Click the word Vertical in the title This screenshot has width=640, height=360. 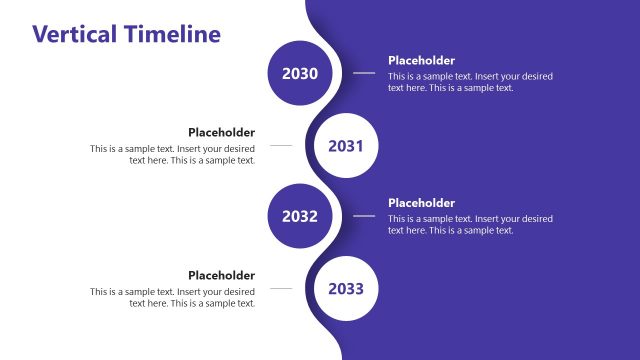pos(76,34)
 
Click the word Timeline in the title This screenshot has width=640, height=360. pos(173,34)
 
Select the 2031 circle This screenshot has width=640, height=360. pos(345,146)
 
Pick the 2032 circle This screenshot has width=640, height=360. pos(300,216)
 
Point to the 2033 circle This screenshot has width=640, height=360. pos(345,289)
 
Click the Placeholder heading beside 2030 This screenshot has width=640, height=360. pos(421,61)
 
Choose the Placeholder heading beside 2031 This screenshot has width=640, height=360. pos(221,132)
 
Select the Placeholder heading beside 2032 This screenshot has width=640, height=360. pos(421,203)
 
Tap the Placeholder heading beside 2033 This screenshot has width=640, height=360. pos(221,275)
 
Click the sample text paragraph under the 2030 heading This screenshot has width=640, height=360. pos(470,82)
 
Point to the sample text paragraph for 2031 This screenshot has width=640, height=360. pos(172,154)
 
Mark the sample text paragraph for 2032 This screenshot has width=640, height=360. pos(470,224)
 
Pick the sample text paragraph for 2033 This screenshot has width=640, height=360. pos(172,297)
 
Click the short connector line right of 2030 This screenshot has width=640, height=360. pos(364,73)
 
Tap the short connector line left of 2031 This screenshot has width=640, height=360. pos(281,145)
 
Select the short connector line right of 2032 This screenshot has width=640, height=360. pos(364,216)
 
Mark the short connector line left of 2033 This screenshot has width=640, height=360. pos(281,288)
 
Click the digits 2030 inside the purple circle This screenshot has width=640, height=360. pos(300,74)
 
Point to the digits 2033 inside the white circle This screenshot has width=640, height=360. pos(345,289)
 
